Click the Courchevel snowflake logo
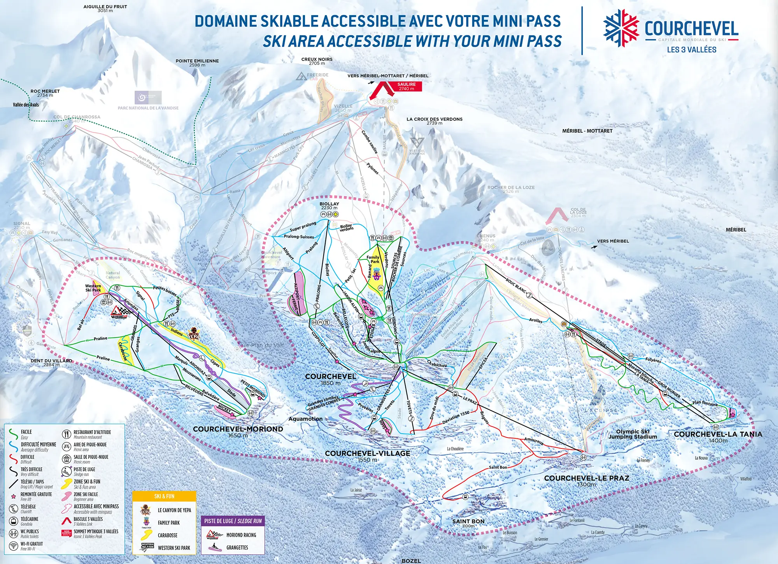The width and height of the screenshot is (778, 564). pos(621,28)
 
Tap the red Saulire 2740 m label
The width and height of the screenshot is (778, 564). pos(407,86)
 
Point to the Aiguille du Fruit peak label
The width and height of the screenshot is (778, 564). pos(105,8)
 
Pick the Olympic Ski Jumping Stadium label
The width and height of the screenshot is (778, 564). pos(633,434)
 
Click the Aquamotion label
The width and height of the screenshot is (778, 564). pos(305,419)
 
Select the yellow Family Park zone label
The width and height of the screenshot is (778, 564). pos(373,259)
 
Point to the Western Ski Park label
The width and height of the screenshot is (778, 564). pos(93,288)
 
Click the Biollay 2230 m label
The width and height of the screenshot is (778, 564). pos(329,205)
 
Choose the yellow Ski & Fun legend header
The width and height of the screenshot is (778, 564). pos(164,496)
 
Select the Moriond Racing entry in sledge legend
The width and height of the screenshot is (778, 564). pos(241,535)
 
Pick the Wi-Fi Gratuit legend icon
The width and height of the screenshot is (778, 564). pos(14,546)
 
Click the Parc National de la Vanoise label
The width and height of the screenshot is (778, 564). pos(148,108)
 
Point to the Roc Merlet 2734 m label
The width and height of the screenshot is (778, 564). pos(45,93)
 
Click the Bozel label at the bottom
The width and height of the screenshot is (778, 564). pos(411,561)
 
